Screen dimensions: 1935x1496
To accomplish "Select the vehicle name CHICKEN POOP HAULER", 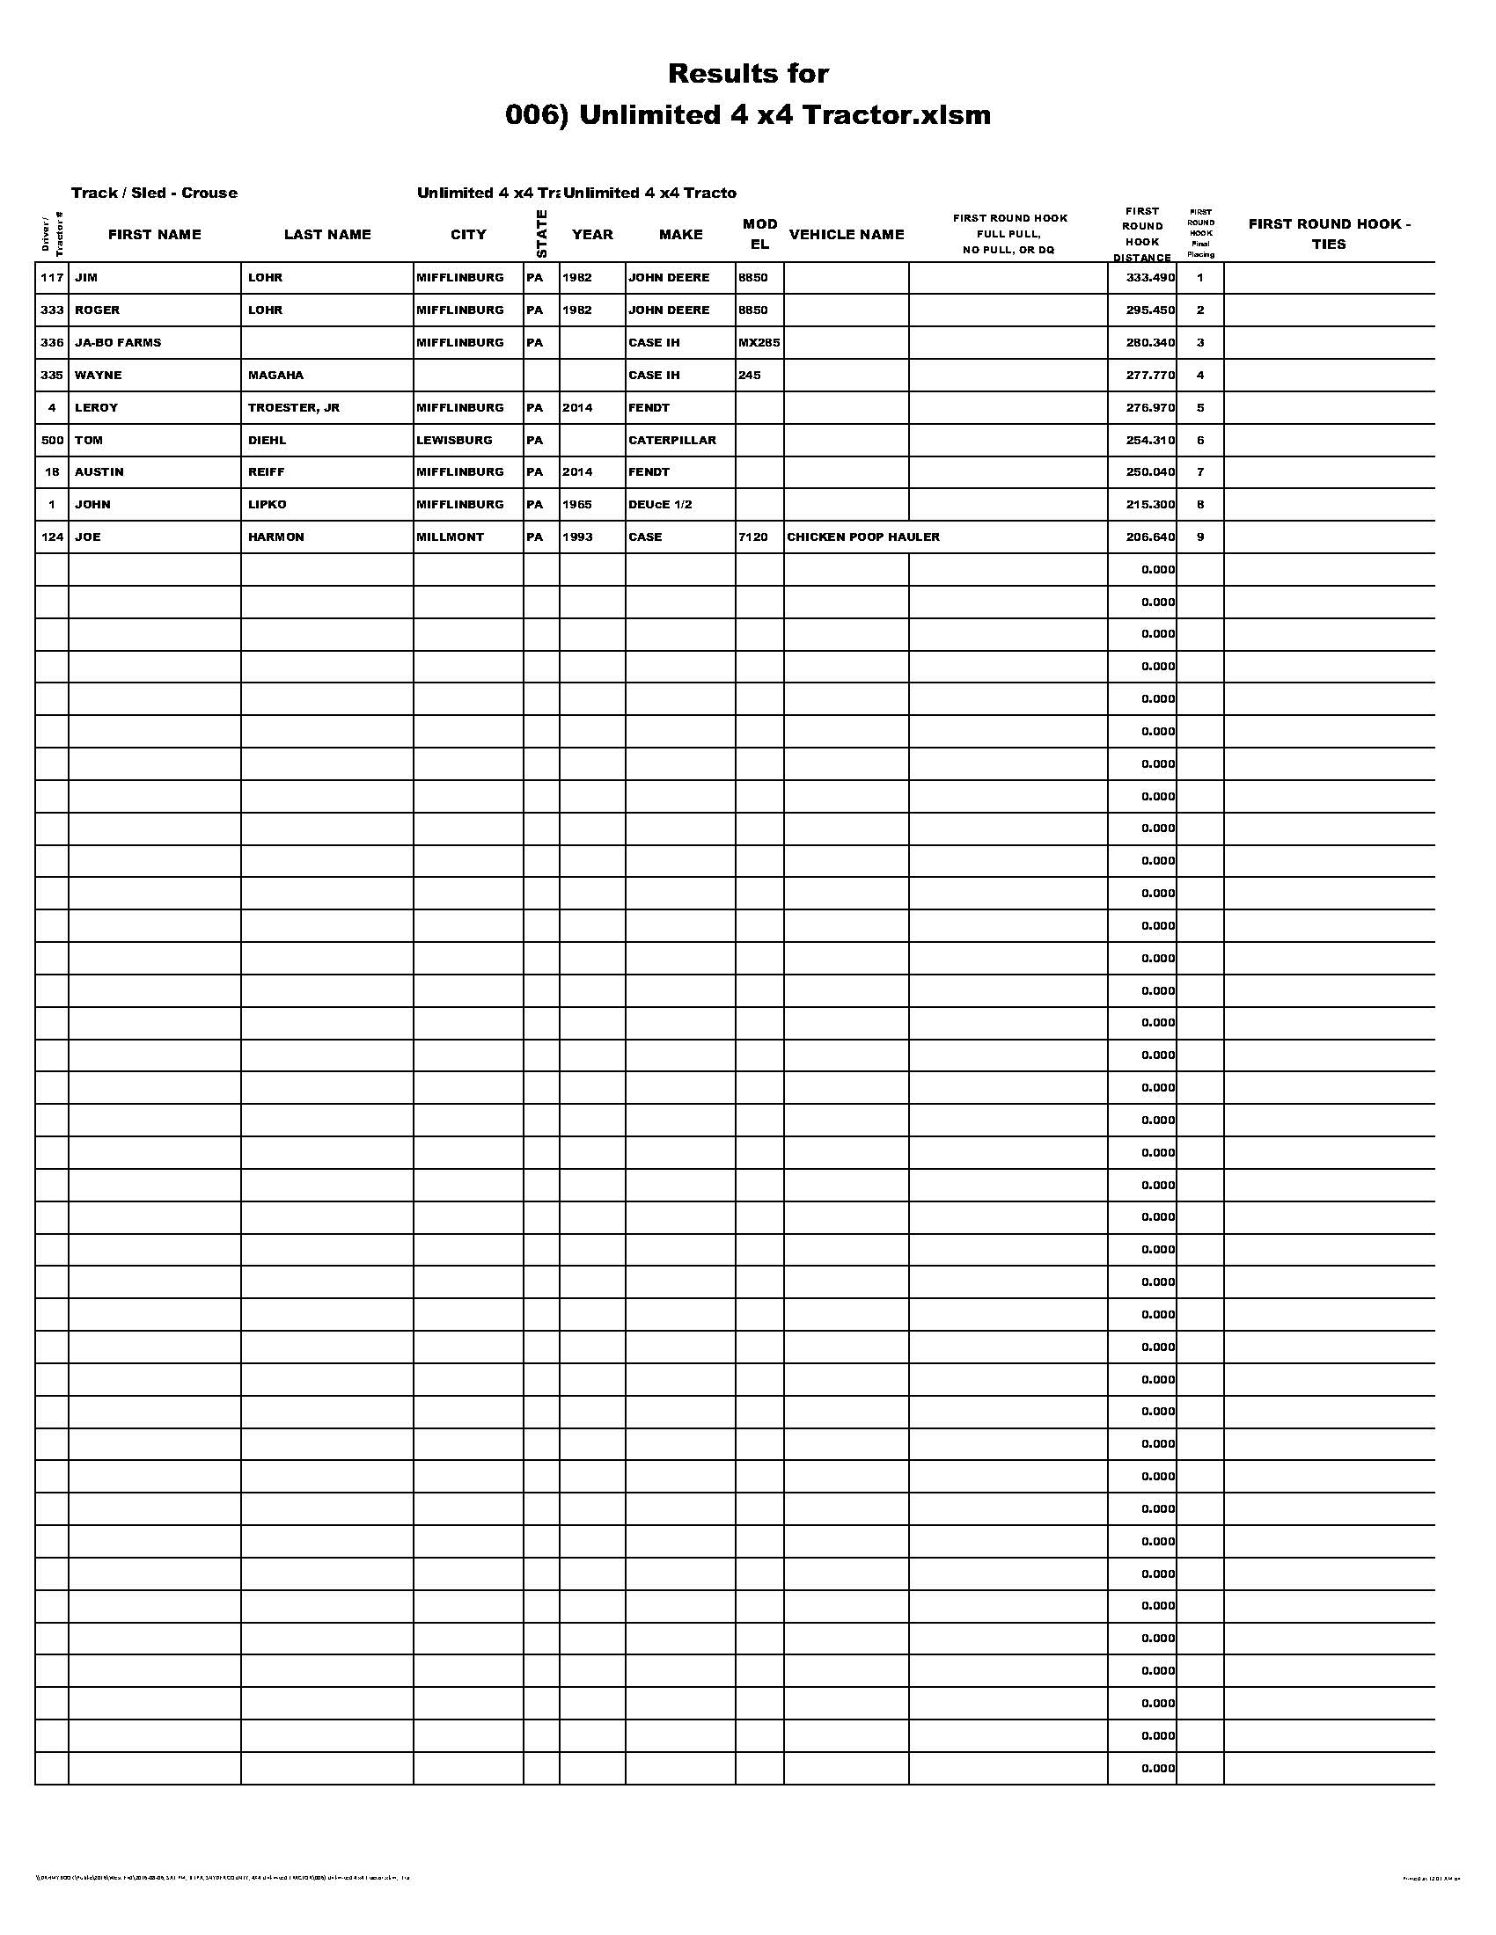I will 862,537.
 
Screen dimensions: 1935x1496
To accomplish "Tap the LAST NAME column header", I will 327,235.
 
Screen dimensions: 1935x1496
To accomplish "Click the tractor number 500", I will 52,441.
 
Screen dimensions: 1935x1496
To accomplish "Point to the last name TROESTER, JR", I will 293,407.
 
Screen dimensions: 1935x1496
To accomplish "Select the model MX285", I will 759,343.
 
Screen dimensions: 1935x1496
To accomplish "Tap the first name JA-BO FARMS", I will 118,343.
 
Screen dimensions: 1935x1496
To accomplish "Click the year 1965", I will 577,505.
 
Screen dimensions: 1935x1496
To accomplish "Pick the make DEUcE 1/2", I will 659,505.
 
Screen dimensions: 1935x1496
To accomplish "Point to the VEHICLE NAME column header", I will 847,235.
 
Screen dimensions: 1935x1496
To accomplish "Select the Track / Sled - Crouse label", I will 154,193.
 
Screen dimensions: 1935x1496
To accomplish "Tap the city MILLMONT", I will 450,537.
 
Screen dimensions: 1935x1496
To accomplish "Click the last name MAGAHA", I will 275,376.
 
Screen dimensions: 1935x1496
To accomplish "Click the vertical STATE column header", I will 541,234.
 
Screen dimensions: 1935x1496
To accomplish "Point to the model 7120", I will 752,537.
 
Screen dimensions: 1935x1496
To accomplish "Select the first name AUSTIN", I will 99,472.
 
